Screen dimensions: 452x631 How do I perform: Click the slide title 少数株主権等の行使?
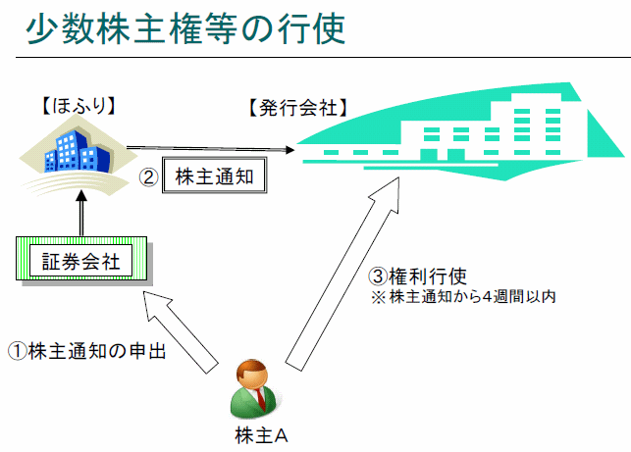point(185,28)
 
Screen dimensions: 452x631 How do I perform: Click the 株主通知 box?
point(214,177)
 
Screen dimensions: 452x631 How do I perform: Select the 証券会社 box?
point(80,261)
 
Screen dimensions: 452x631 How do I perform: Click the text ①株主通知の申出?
point(84,350)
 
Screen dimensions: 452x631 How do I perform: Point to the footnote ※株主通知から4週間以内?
point(462,296)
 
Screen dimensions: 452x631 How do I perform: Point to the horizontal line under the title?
point(315,58)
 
